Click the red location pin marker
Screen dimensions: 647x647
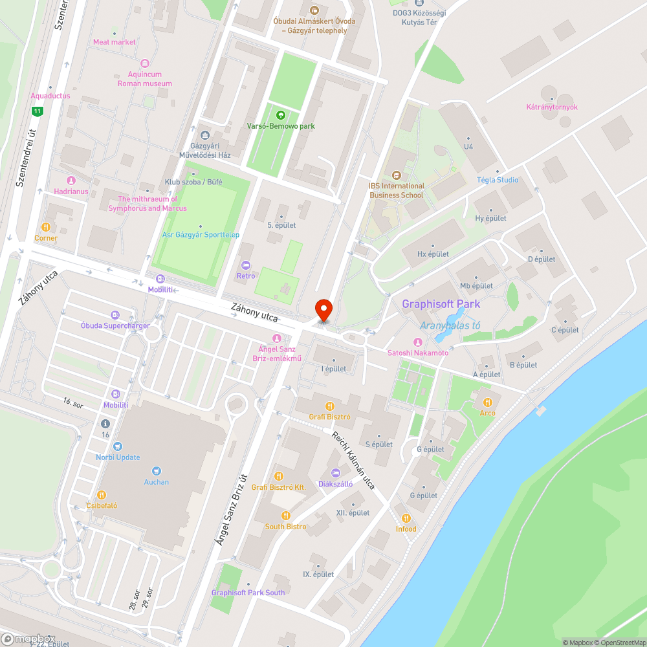pyautogui.click(x=323, y=309)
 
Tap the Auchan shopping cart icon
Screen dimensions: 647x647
pyautogui.click(x=156, y=471)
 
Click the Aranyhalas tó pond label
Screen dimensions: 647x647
pyautogui.click(x=450, y=325)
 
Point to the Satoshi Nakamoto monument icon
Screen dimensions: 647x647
pyautogui.click(x=418, y=342)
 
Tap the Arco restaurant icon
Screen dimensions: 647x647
pyautogui.click(x=487, y=402)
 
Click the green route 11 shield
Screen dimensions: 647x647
pyautogui.click(x=38, y=111)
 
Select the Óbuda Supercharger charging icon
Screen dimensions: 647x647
pyautogui.click(x=115, y=315)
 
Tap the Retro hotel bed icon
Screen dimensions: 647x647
pyautogui.click(x=245, y=265)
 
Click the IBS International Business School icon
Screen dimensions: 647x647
pyautogui.click(x=396, y=175)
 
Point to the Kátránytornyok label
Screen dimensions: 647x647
pyautogui.click(x=552, y=107)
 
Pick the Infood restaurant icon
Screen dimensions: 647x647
pyautogui.click(x=406, y=518)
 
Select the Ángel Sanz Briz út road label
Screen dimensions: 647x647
pyautogui.click(x=232, y=508)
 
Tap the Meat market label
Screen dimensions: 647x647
pyautogui.click(x=115, y=42)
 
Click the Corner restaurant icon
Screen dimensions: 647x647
pyautogui.click(x=46, y=227)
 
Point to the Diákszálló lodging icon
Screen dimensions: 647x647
pyautogui.click(x=335, y=473)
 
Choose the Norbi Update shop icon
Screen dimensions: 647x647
pyautogui.click(x=117, y=446)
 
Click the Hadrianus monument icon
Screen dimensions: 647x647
pyautogui.click(x=71, y=181)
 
